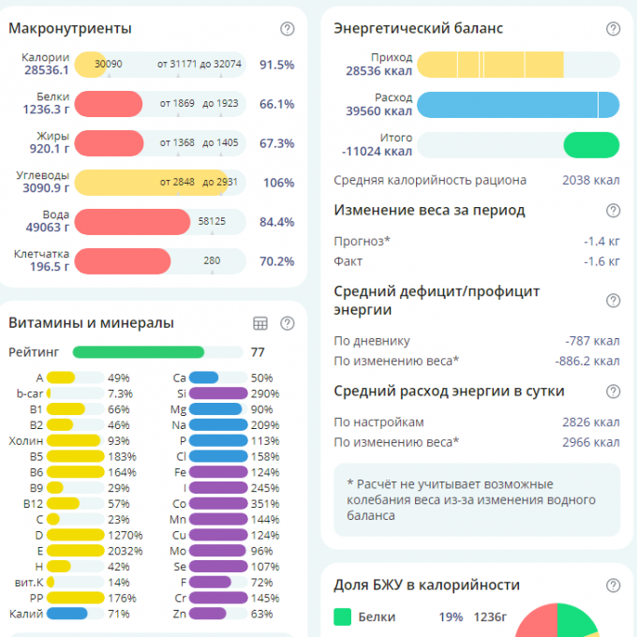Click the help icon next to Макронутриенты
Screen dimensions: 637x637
click(288, 29)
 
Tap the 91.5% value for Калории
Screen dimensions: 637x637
click(277, 65)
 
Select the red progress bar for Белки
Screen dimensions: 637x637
click(109, 104)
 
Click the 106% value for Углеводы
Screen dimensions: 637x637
click(279, 183)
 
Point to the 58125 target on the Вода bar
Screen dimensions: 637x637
click(212, 222)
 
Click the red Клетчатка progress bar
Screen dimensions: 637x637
click(123, 261)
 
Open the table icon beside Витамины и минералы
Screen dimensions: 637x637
click(260, 323)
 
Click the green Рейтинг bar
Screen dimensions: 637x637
click(139, 352)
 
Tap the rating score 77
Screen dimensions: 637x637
click(258, 352)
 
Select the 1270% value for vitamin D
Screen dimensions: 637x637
click(125, 535)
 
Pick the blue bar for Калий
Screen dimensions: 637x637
click(67, 614)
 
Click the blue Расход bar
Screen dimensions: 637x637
click(518, 104)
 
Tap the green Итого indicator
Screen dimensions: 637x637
click(591, 144)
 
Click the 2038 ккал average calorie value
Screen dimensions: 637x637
click(590, 180)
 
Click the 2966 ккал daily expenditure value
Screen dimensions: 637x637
click(590, 442)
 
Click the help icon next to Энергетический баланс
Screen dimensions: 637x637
click(614, 29)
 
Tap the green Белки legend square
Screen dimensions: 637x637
click(343, 617)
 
